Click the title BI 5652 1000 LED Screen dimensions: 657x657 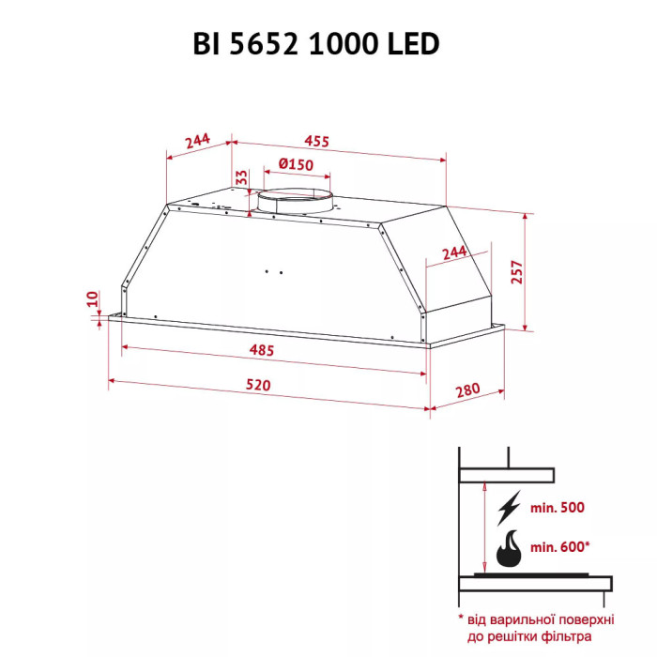(x=328, y=44)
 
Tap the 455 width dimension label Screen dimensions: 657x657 (x=317, y=142)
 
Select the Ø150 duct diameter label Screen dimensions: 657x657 (x=296, y=164)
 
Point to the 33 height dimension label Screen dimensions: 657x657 (x=241, y=177)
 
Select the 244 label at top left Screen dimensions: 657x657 (x=196, y=141)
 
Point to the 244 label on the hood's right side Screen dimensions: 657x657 (x=453, y=252)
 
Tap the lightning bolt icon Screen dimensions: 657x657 (x=510, y=509)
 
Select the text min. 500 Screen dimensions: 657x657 (x=557, y=508)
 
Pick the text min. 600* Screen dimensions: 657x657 (x=560, y=546)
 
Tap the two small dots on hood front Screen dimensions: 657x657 (x=274, y=272)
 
